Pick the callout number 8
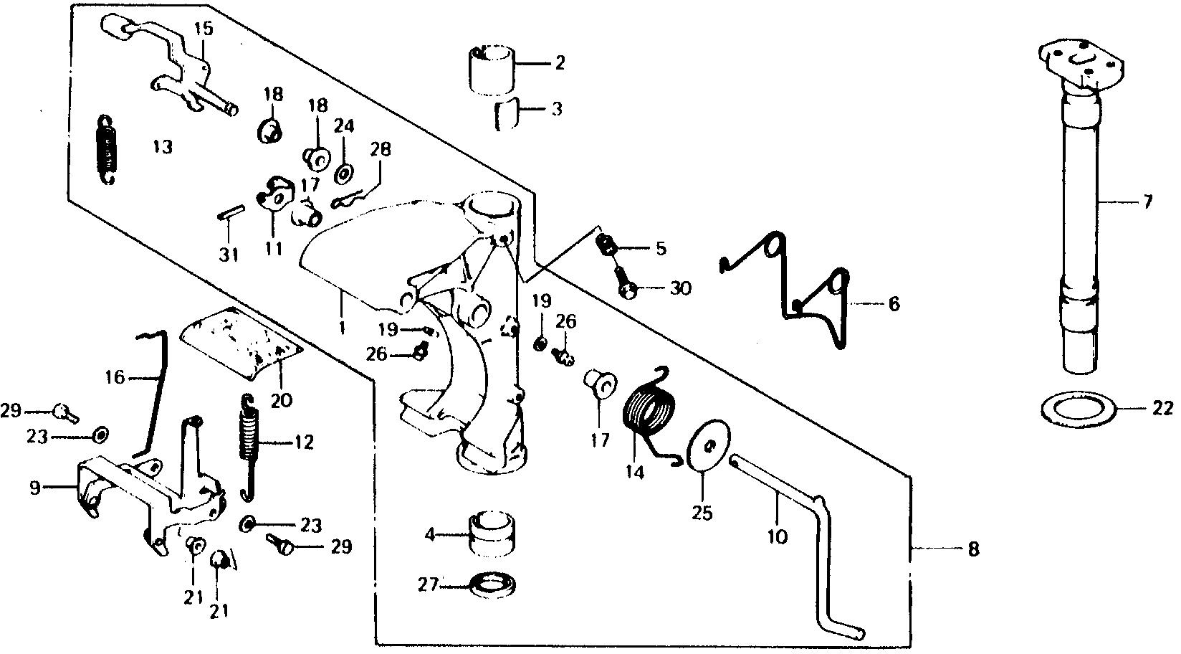coord(972,550)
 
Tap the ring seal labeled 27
coord(493,584)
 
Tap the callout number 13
coord(163,147)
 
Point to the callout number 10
coord(778,536)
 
